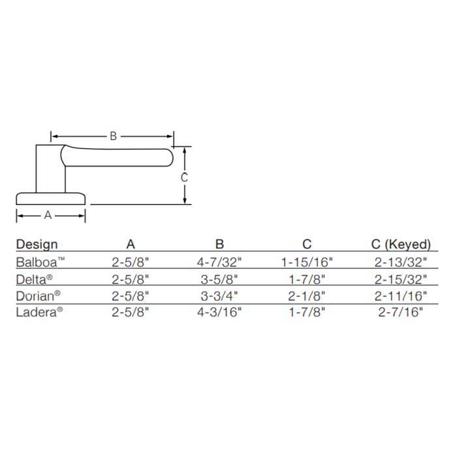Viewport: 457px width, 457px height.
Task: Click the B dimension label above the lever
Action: click(x=113, y=136)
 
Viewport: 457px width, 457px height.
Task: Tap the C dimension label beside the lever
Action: click(x=185, y=177)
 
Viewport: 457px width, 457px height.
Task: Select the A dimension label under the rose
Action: click(x=48, y=215)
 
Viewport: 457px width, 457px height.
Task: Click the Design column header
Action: click(x=37, y=245)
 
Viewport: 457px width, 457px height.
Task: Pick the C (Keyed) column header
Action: click(x=400, y=245)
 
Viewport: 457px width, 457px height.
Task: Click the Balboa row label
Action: click(x=40, y=262)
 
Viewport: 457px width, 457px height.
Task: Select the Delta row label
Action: click(x=35, y=279)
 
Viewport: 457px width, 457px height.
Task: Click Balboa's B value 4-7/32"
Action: click(x=219, y=262)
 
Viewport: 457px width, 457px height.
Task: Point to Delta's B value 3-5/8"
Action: click(x=219, y=279)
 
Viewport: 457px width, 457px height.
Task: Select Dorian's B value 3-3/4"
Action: click(x=219, y=296)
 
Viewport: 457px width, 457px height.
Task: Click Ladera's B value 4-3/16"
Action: click(x=219, y=312)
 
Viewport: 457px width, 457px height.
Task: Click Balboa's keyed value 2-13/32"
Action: click(x=402, y=262)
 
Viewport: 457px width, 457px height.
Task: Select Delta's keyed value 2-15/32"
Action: click(x=402, y=279)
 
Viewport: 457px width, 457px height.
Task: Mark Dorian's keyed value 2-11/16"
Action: click(x=402, y=296)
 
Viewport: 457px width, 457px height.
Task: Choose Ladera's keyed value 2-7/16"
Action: click(x=402, y=312)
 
